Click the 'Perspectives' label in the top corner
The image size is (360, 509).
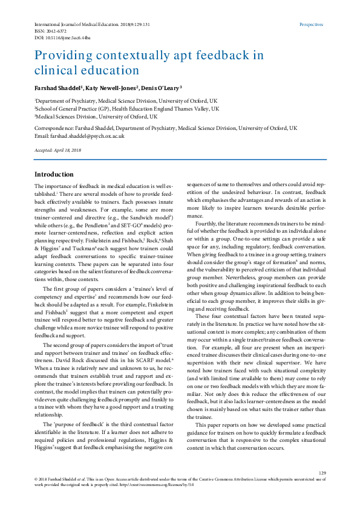pos(312,25)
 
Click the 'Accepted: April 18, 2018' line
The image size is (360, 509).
pos(58,149)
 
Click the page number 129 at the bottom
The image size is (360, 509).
pos(322,473)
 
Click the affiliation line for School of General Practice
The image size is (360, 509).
pos(126,109)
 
